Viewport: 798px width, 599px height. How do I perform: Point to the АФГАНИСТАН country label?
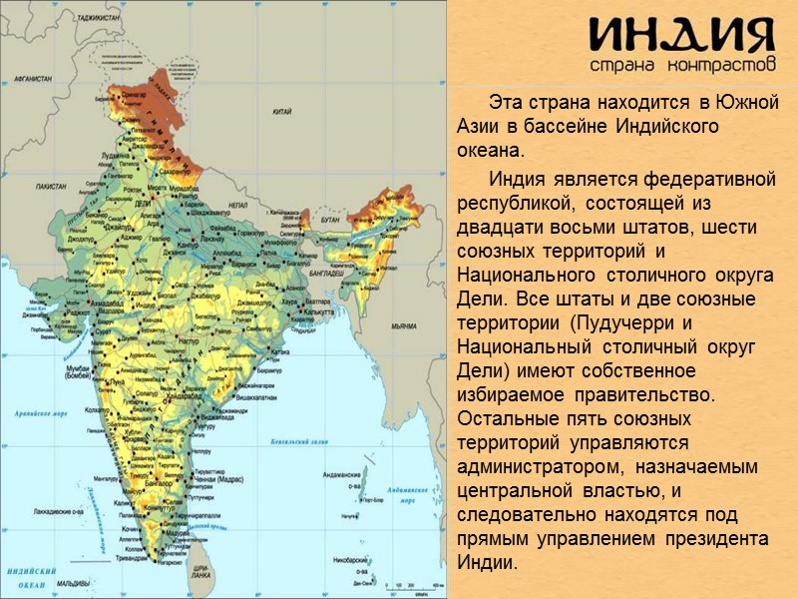33,77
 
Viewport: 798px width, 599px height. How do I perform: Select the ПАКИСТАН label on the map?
51,187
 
